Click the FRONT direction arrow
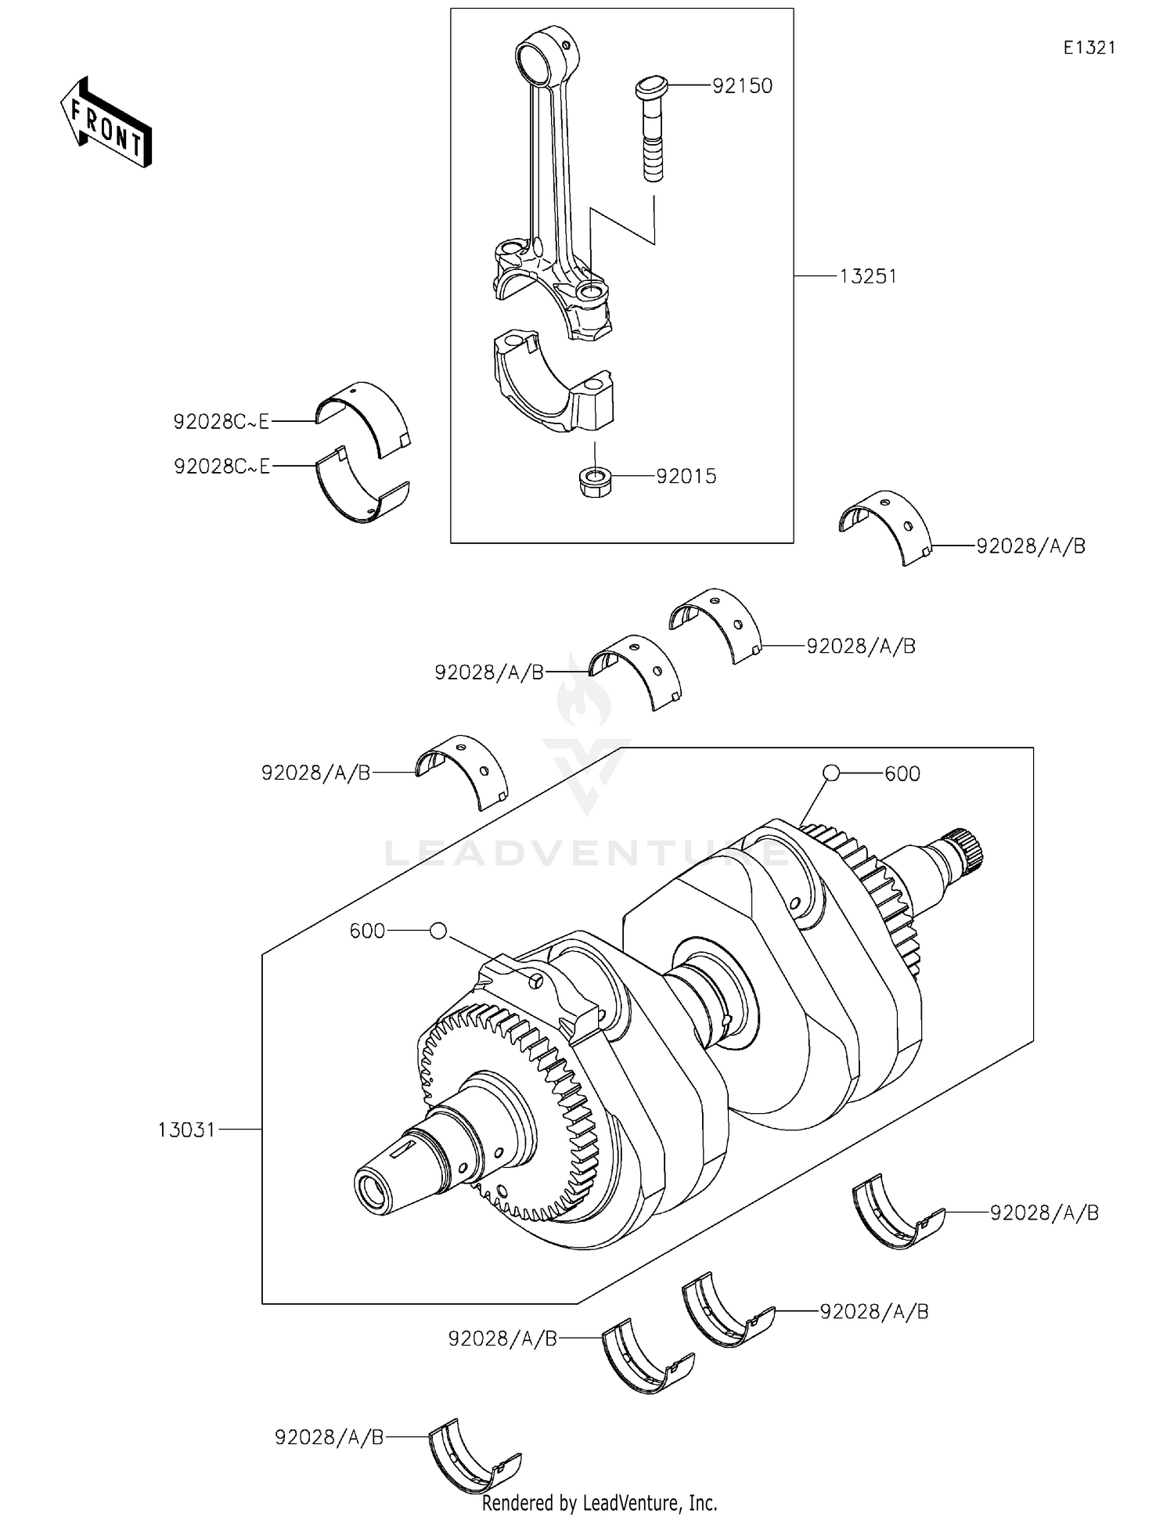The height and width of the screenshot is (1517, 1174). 106,124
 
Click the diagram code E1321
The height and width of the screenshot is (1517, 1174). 1089,48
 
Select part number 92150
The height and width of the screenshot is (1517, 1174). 742,86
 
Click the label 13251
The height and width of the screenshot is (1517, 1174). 868,276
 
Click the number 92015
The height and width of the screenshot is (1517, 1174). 686,477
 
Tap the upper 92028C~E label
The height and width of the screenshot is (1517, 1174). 221,422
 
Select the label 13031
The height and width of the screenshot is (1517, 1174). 186,1130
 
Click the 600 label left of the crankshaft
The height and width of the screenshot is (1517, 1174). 367,931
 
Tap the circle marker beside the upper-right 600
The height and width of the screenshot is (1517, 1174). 831,773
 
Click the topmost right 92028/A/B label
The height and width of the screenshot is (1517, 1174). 1030,546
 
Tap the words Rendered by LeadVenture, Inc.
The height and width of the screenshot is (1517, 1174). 599,1503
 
